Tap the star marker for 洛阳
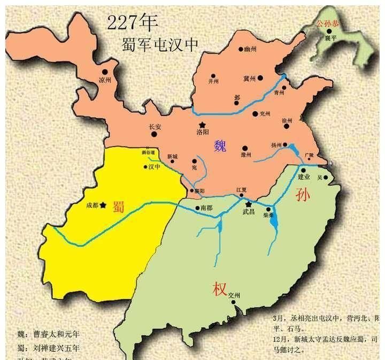202,125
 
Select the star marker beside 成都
103,204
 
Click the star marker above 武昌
248,204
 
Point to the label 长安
155,127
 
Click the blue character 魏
220,145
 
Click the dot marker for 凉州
105,72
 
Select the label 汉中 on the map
155,167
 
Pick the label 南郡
206,208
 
